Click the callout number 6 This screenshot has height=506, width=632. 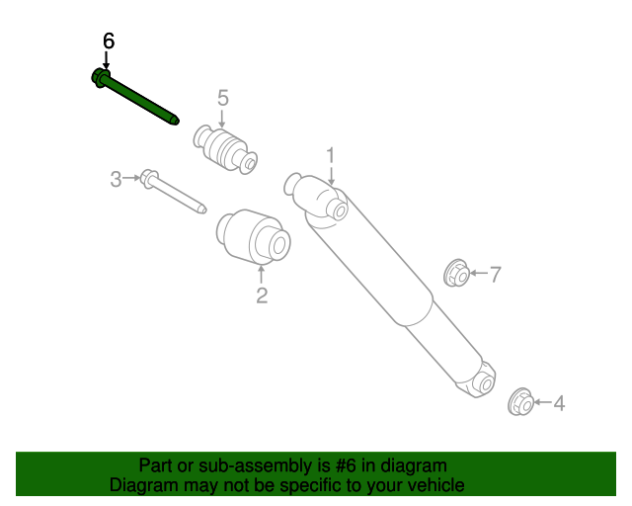[x=109, y=41]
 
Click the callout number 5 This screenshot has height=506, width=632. [x=222, y=97]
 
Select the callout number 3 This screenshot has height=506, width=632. [x=116, y=179]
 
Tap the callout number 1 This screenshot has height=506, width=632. [x=331, y=154]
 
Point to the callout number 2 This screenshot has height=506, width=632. [x=262, y=295]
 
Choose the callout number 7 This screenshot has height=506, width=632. [x=496, y=274]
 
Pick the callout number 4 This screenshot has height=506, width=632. [x=559, y=403]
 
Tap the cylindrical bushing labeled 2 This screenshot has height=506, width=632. [x=254, y=238]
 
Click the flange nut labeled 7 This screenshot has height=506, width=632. [x=456, y=272]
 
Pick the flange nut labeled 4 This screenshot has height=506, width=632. [x=520, y=402]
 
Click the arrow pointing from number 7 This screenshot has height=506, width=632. [x=478, y=274]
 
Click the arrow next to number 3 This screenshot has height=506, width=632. [x=131, y=179]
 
